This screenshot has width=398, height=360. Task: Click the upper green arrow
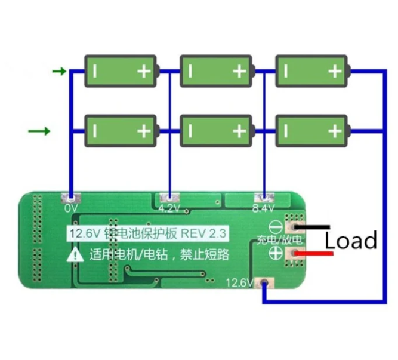coord(59,72)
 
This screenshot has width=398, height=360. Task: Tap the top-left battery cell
coord(121,71)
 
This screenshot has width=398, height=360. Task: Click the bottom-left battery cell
coord(121,130)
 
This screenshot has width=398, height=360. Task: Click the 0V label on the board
coord(71,208)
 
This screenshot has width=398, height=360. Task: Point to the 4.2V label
coord(169,208)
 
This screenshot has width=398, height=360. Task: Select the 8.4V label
coord(263,208)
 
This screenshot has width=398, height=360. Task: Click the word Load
coord(351,241)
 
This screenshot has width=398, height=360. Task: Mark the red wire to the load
coord(316,254)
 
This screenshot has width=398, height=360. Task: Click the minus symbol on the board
coord(276,227)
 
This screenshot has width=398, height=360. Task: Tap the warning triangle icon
coord(75,256)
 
